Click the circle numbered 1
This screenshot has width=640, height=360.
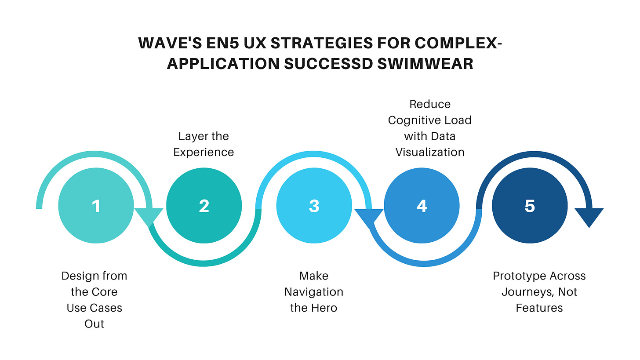tap(96, 206)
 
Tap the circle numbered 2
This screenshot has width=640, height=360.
tap(204, 206)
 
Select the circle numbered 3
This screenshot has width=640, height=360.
tap(314, 206)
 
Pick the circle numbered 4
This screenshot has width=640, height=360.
tap(422, 206)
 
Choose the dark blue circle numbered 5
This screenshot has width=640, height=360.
tap(530, 206)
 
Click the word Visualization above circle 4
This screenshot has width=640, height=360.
tap(429, 152)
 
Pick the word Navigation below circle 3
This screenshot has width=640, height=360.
tap(314, 292)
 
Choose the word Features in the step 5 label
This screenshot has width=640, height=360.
tap(539, 308)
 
